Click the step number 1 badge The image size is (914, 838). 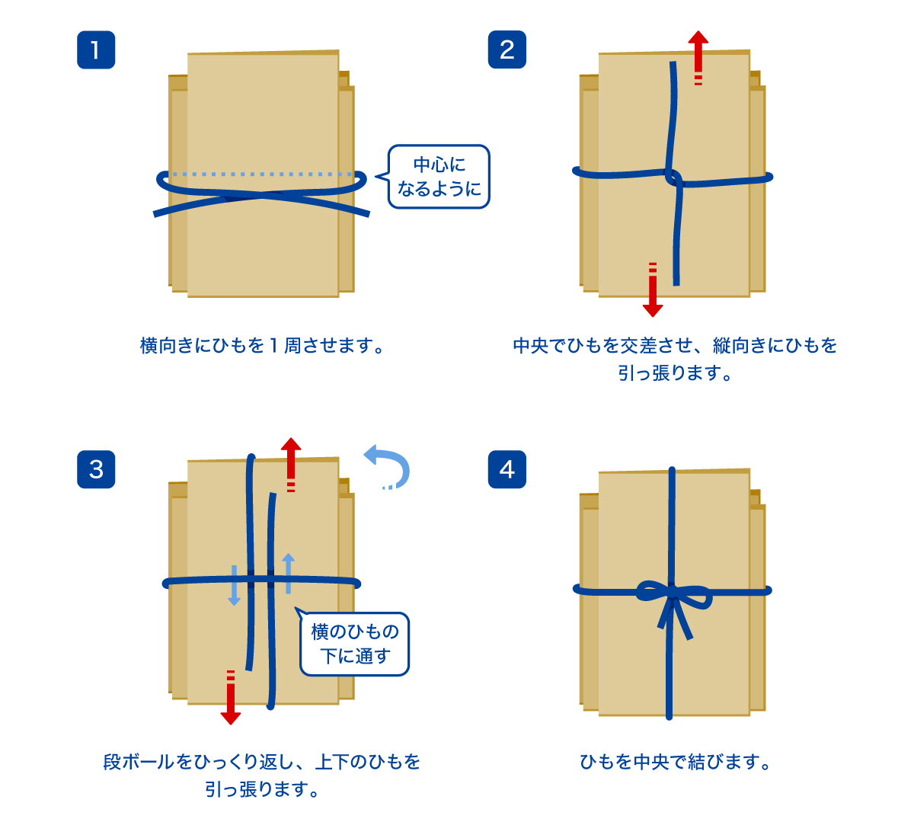[96, 50]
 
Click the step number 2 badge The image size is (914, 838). [507, 50]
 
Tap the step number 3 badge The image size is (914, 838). [96, 469]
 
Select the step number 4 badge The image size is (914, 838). [507, 469]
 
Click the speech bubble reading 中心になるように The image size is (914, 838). [439, 177]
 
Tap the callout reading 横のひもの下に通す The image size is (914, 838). [355, 644]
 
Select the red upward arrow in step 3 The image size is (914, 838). [290, 463]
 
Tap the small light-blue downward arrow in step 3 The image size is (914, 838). [234, 586]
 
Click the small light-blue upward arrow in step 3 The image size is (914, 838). [288, 573]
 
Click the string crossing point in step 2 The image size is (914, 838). [673, 178]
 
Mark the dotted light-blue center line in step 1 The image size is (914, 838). [262, 174]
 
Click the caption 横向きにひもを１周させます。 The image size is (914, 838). [262, 346]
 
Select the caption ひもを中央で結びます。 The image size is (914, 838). [675, 762]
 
